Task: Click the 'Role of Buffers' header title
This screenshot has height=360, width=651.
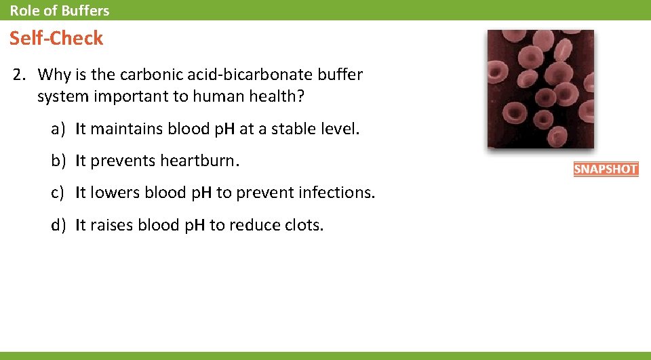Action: (x=59, y=10)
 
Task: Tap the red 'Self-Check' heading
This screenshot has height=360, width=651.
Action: (x=56, y=39)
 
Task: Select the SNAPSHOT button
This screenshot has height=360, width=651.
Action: (x=606, y=169)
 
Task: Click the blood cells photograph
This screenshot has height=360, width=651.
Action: (x=540, y=89)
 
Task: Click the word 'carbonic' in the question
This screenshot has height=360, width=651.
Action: (x=149, y=75)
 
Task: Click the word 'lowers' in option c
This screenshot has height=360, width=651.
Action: (x=112, y=193)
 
